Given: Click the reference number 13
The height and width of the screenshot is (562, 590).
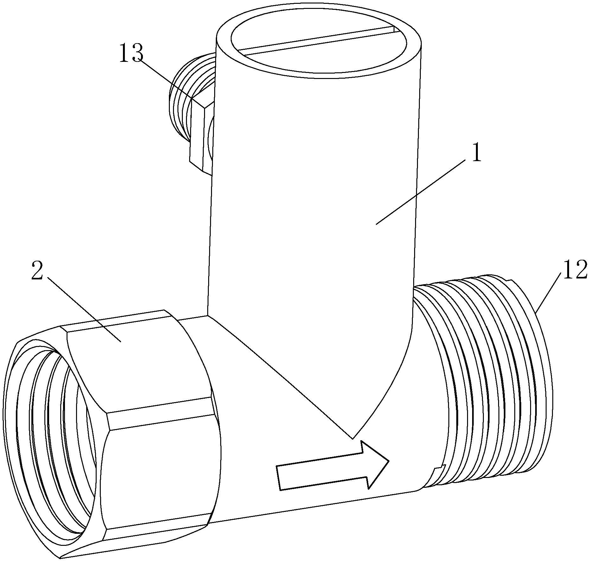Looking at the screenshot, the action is click(131, 53).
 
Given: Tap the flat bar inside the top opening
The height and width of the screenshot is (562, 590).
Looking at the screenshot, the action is click(317, 43).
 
